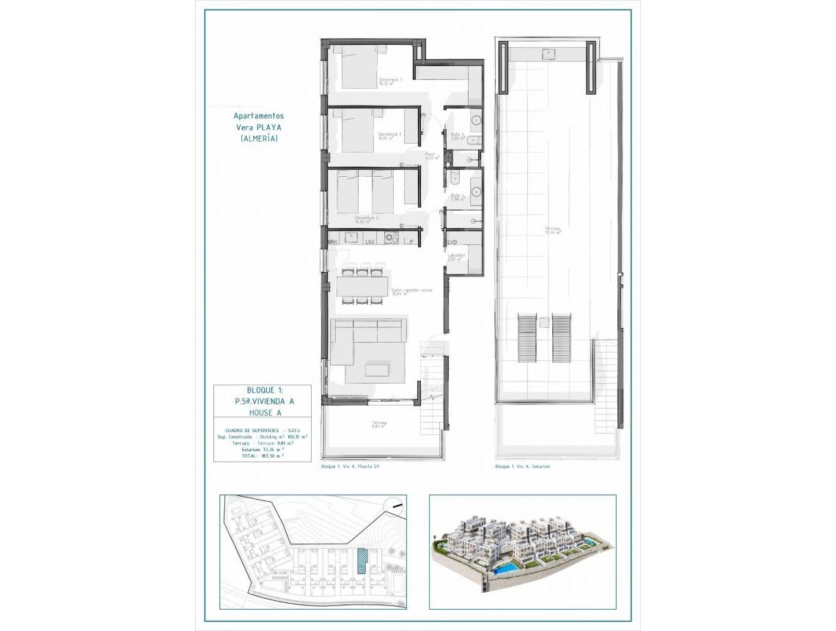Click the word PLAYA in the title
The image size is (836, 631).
269,127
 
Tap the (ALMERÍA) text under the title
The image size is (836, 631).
259,138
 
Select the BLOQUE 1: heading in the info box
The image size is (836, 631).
262,391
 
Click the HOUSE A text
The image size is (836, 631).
262,413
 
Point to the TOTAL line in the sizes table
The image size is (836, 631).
262,456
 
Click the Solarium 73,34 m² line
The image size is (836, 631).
262,449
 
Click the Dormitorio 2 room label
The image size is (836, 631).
390,135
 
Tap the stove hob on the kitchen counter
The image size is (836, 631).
390,238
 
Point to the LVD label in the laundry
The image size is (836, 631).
452,241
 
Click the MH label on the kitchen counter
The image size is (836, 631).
332,241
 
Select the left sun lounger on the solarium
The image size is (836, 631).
527,338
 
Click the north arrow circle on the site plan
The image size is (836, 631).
396,505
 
